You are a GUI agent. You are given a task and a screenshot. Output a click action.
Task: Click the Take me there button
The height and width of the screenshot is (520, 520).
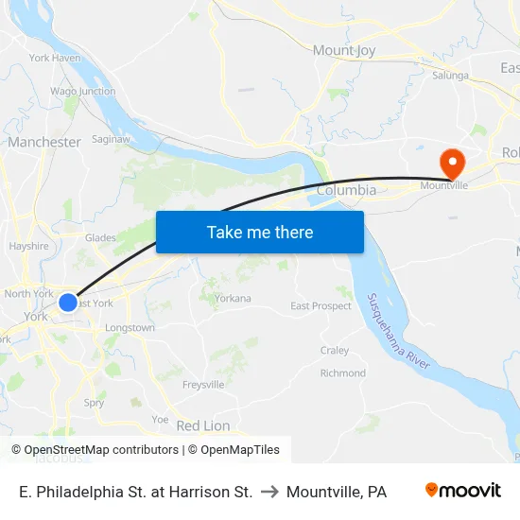coord(260,232)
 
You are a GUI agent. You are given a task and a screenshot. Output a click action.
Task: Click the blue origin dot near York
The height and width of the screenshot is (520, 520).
coord(68,303)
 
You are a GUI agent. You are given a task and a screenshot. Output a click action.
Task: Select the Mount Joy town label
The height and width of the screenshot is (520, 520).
coord(345,50)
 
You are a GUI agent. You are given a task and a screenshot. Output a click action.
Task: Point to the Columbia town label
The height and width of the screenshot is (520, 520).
coord(346,191)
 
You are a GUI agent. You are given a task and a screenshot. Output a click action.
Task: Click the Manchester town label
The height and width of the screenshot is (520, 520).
coord(44,142)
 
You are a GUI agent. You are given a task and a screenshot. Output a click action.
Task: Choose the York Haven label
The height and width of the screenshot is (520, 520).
coord(55,58)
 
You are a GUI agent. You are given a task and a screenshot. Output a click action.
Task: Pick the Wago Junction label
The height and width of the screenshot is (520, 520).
coord(83,92)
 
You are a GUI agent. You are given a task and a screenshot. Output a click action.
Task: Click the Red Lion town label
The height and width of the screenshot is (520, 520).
coord(203,425)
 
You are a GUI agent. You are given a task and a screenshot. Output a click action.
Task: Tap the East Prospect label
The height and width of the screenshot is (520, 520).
coord(321,306)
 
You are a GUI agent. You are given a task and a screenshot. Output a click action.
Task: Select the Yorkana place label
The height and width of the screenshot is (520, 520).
coord(233,298)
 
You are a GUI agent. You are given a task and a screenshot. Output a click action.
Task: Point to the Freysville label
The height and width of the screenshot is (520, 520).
coord(203,385)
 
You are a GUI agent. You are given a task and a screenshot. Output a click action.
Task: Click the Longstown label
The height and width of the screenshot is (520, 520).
coord(130,328)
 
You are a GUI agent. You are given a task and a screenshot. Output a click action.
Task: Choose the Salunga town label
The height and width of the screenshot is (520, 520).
coord(450,76)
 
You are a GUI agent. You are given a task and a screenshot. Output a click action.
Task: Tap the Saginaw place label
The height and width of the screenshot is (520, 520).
coord(111,138)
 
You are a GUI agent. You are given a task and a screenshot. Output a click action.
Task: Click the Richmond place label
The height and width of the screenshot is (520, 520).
coord(343,373)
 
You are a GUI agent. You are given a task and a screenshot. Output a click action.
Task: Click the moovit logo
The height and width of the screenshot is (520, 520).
coord(463,491)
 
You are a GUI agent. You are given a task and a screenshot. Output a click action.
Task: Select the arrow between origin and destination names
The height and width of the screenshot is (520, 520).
coord(269,492)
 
